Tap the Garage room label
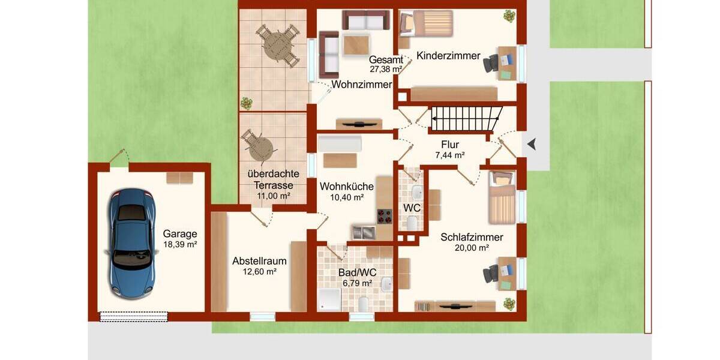pyautogui.click(x=180, y=234)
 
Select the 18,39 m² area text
pyautogui.click(x=180, y=244)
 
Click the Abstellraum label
pyautogui.click(x=259, y=261)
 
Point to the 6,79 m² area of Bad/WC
pyautogui.click(x=357, y=283)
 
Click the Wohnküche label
pyautogui.click(x=346, y=187)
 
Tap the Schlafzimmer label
pyautogui.click(x=472, y=237)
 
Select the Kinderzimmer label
pyautogui.click(x=448, y=56)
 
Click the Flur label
pyautogui.click(x=450, y=145)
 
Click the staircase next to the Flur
pyautogui.click(x=466, y=118)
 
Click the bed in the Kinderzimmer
pyautogui.click(x=426, y=22)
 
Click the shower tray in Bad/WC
pyautogui.click(x=329, y=298)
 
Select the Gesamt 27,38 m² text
pyautogui.click(x=386, y=64)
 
